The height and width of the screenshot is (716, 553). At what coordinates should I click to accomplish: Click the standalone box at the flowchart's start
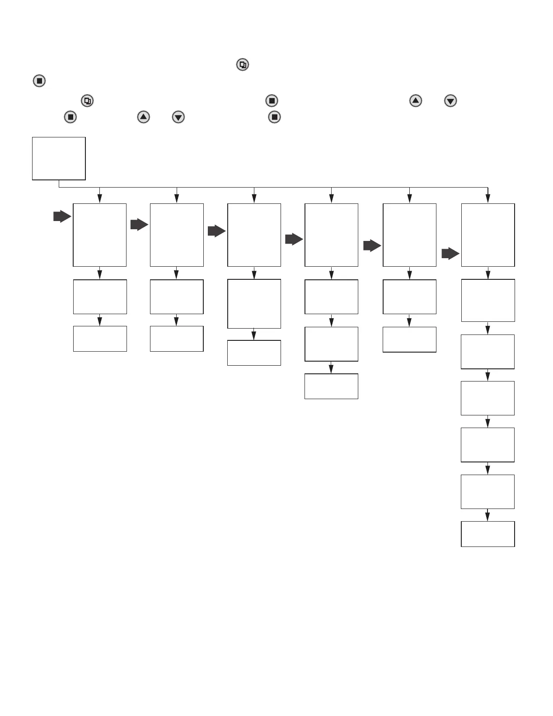pos(59,158)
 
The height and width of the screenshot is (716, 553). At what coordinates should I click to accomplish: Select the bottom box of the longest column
pos(487,534)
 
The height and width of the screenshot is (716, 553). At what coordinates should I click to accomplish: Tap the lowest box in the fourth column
pos(331,386)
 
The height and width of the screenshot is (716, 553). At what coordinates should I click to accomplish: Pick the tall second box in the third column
pos(254,303)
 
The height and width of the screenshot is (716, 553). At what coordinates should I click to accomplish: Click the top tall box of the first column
pos(99,235)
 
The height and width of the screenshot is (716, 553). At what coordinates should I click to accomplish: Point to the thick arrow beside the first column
pos(62,217)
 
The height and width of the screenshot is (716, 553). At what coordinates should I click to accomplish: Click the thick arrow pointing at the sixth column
pos(450,254)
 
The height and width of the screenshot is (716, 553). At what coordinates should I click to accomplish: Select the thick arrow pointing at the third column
pos(216,231)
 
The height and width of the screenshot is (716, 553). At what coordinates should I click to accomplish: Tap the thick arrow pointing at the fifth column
pos(372,245)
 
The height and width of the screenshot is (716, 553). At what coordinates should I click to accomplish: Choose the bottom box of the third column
pos(254,353)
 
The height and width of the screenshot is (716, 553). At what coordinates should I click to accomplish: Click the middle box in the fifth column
pos(409,297)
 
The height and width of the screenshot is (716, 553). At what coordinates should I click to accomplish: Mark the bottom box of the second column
pos(177,339)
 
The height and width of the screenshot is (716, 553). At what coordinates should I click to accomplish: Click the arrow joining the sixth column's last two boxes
pos(487,515)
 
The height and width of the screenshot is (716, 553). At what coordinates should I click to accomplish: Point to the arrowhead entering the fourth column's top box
pos(331,198)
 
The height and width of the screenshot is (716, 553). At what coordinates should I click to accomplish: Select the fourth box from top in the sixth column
pos(487,445)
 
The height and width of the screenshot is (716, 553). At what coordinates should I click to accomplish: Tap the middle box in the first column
pos(100,297)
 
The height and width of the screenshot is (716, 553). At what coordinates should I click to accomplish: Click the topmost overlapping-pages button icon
pos(243,65)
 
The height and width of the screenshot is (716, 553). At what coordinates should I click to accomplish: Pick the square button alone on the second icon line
pos(39,81)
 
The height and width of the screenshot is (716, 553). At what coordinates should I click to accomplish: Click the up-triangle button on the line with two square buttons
pos(143,117)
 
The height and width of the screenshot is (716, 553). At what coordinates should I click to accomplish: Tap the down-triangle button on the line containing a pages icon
pos(450,100)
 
